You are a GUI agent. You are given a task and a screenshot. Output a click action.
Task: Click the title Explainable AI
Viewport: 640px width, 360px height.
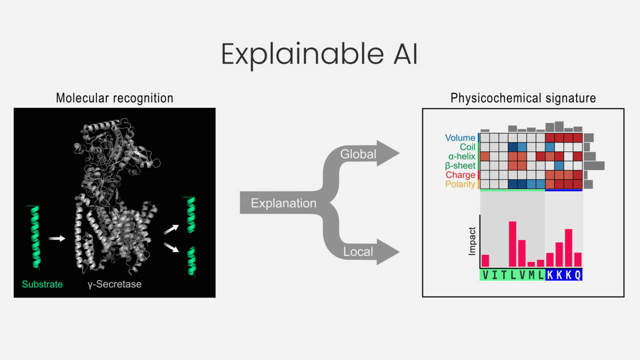pos(319,54)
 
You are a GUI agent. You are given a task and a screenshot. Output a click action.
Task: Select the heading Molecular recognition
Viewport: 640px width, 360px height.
pos(114,98)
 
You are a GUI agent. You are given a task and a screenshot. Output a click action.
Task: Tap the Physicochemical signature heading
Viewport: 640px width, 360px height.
pos(523,98)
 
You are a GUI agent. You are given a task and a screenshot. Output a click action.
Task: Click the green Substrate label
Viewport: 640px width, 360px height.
pos(42,284)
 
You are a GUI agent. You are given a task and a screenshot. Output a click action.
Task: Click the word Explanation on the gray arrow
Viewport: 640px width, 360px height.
pos(283,203)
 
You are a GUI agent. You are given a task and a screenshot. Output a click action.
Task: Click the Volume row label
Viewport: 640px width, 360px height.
pos(460,138)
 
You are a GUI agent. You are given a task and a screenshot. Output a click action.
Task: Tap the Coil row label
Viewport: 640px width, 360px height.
pos(467,147)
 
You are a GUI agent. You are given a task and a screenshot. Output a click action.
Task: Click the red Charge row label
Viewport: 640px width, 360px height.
pos(460,175)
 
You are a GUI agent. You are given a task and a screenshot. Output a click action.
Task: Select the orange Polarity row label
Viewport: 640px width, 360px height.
pos(460,184)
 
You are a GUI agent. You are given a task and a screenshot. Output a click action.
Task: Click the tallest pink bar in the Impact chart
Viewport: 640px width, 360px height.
pos(512,244)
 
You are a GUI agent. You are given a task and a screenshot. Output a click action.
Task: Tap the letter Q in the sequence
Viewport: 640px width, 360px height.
pos(577,275)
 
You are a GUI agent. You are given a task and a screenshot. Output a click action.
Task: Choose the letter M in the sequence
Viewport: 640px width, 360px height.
pos(531,275)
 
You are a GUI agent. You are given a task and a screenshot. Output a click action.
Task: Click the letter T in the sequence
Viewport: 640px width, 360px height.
pos(503,275)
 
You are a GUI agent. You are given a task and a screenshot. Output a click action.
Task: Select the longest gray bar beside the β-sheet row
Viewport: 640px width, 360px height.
pos(594,165)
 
